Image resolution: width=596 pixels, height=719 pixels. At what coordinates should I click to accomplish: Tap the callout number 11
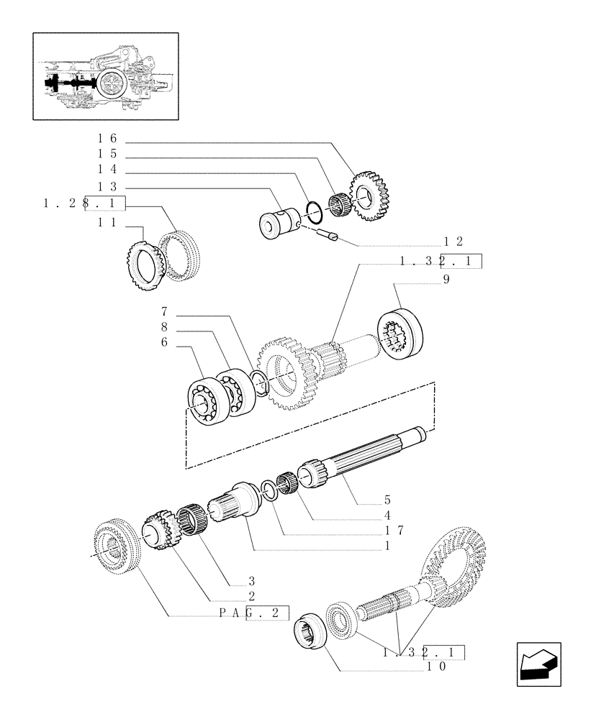(x=108, y=223)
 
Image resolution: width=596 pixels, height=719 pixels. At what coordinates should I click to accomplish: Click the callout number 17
(x=393, y=530)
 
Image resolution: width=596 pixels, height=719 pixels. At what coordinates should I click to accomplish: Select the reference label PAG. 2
(x=252, y=613)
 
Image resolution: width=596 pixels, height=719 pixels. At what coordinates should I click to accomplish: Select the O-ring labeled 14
(x=312, y=211)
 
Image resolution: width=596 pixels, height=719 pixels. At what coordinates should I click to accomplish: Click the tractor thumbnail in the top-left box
(x=106, y=75)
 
